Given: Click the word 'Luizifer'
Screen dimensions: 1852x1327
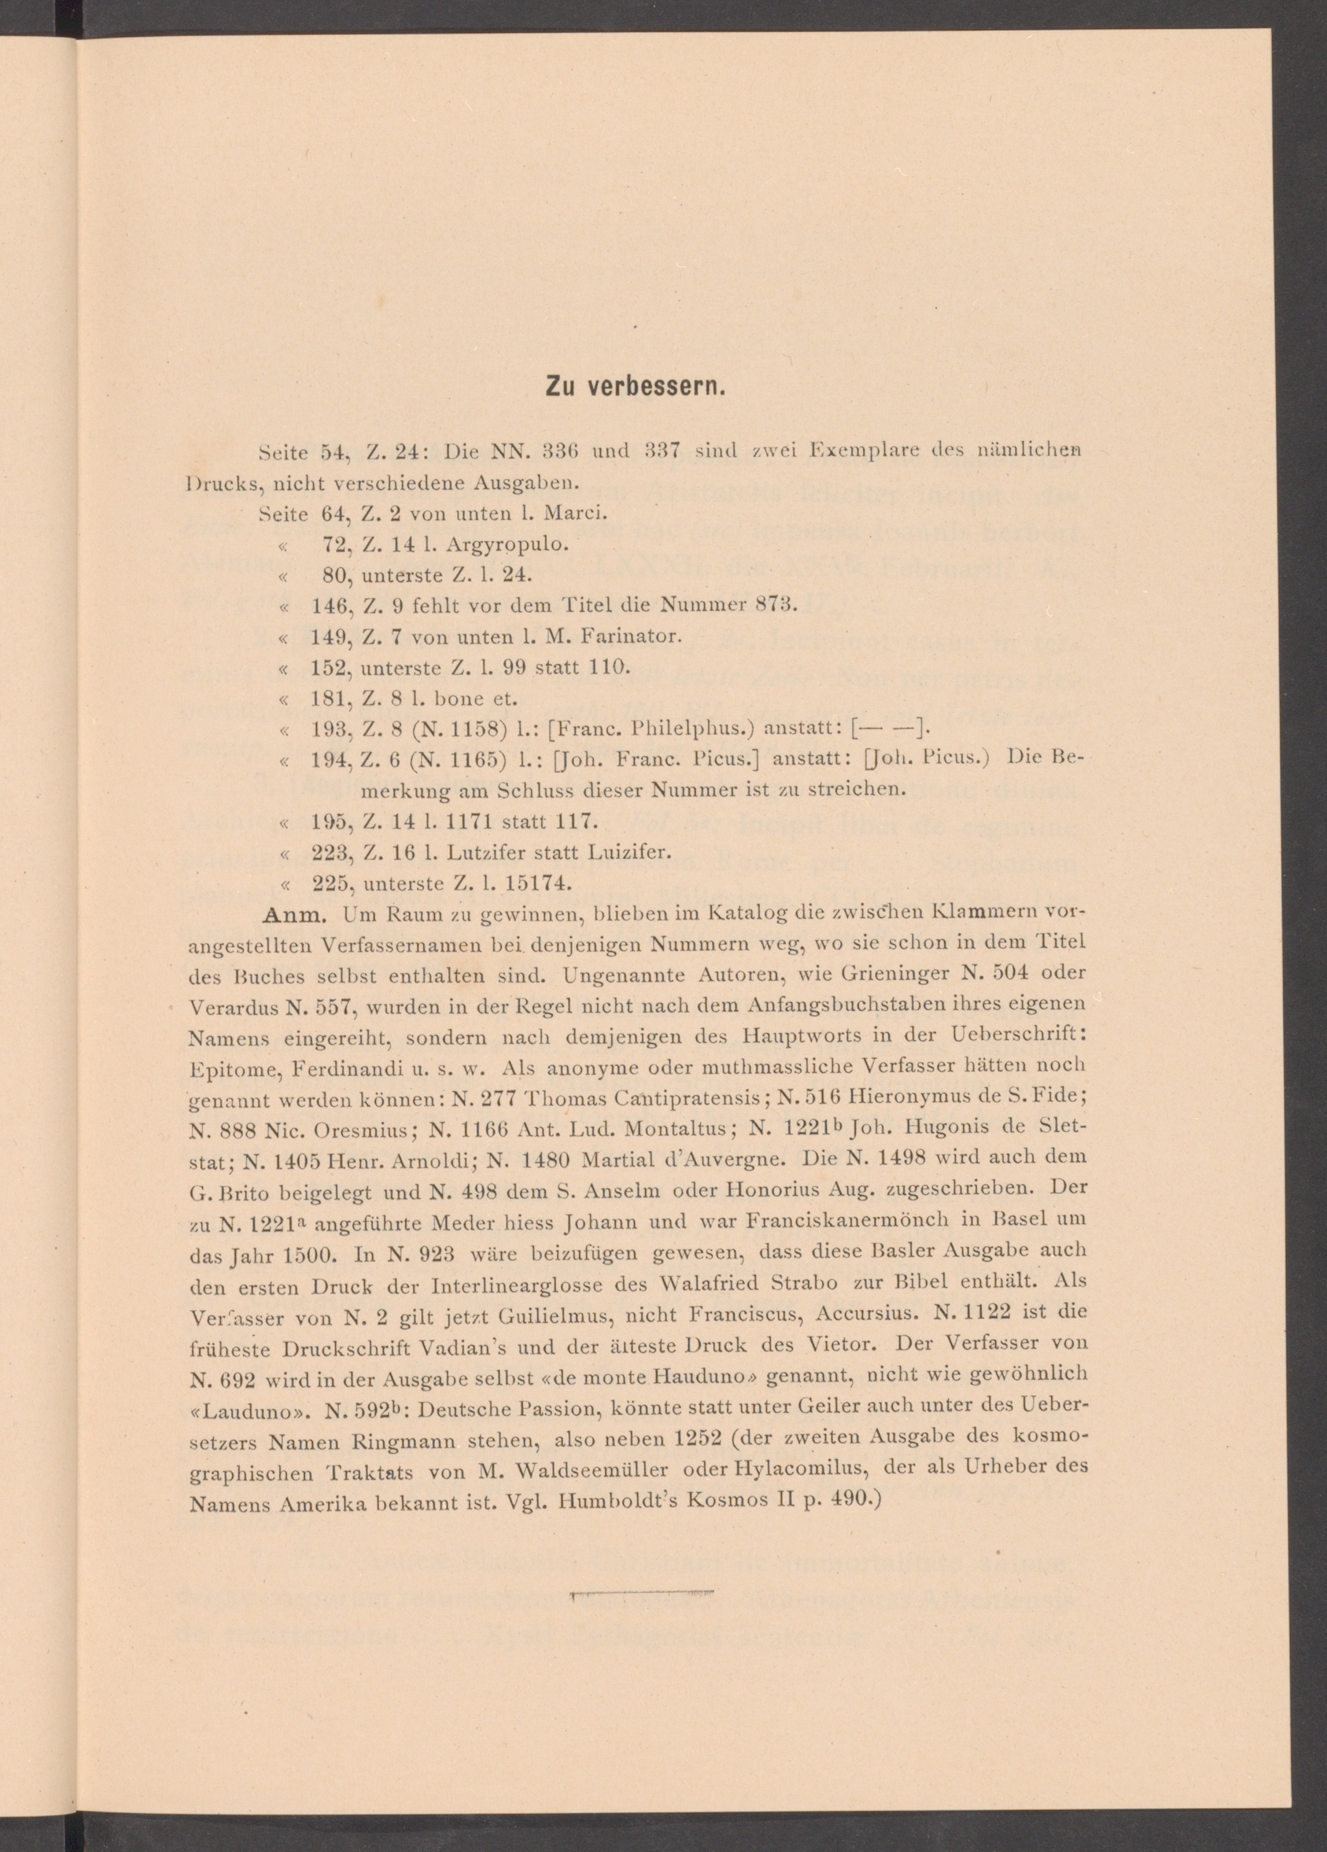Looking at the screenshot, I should click(x=628, y=853).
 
